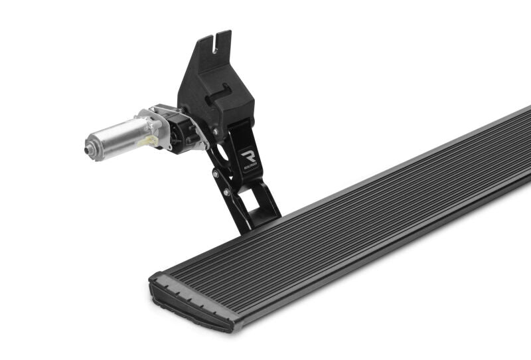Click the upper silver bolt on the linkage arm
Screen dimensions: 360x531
tap(216, 174)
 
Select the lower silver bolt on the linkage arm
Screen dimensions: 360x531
tap(227, 192)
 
